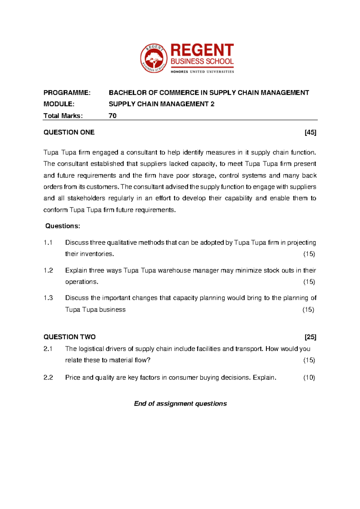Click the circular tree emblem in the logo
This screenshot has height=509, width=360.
pos(154,58)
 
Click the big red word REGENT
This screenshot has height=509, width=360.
pos(202,50)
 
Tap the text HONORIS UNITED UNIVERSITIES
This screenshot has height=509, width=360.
pos(202,72)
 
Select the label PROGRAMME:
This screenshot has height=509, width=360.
pos(67,93)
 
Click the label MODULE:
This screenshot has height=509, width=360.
pos(59,104)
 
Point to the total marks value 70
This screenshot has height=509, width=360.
pos(112,116)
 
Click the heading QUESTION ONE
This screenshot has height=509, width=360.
pos(69,132)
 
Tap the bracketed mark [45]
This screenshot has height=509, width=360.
pos(310,132)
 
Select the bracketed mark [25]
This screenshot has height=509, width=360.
pos(310,337)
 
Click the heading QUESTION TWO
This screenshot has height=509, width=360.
pos(70,337)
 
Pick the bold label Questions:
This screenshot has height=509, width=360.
pos(63,226)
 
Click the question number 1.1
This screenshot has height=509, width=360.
pos(48,242)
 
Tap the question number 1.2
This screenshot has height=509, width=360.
pos(48,270)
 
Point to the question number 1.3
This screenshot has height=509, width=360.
pos(48,298)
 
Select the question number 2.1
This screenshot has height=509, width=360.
pos(48,349)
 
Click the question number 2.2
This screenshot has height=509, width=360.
pos(48,378)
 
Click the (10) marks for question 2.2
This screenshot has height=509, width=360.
pos(309,378)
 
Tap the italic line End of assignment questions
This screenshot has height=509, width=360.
pos(180,404)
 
